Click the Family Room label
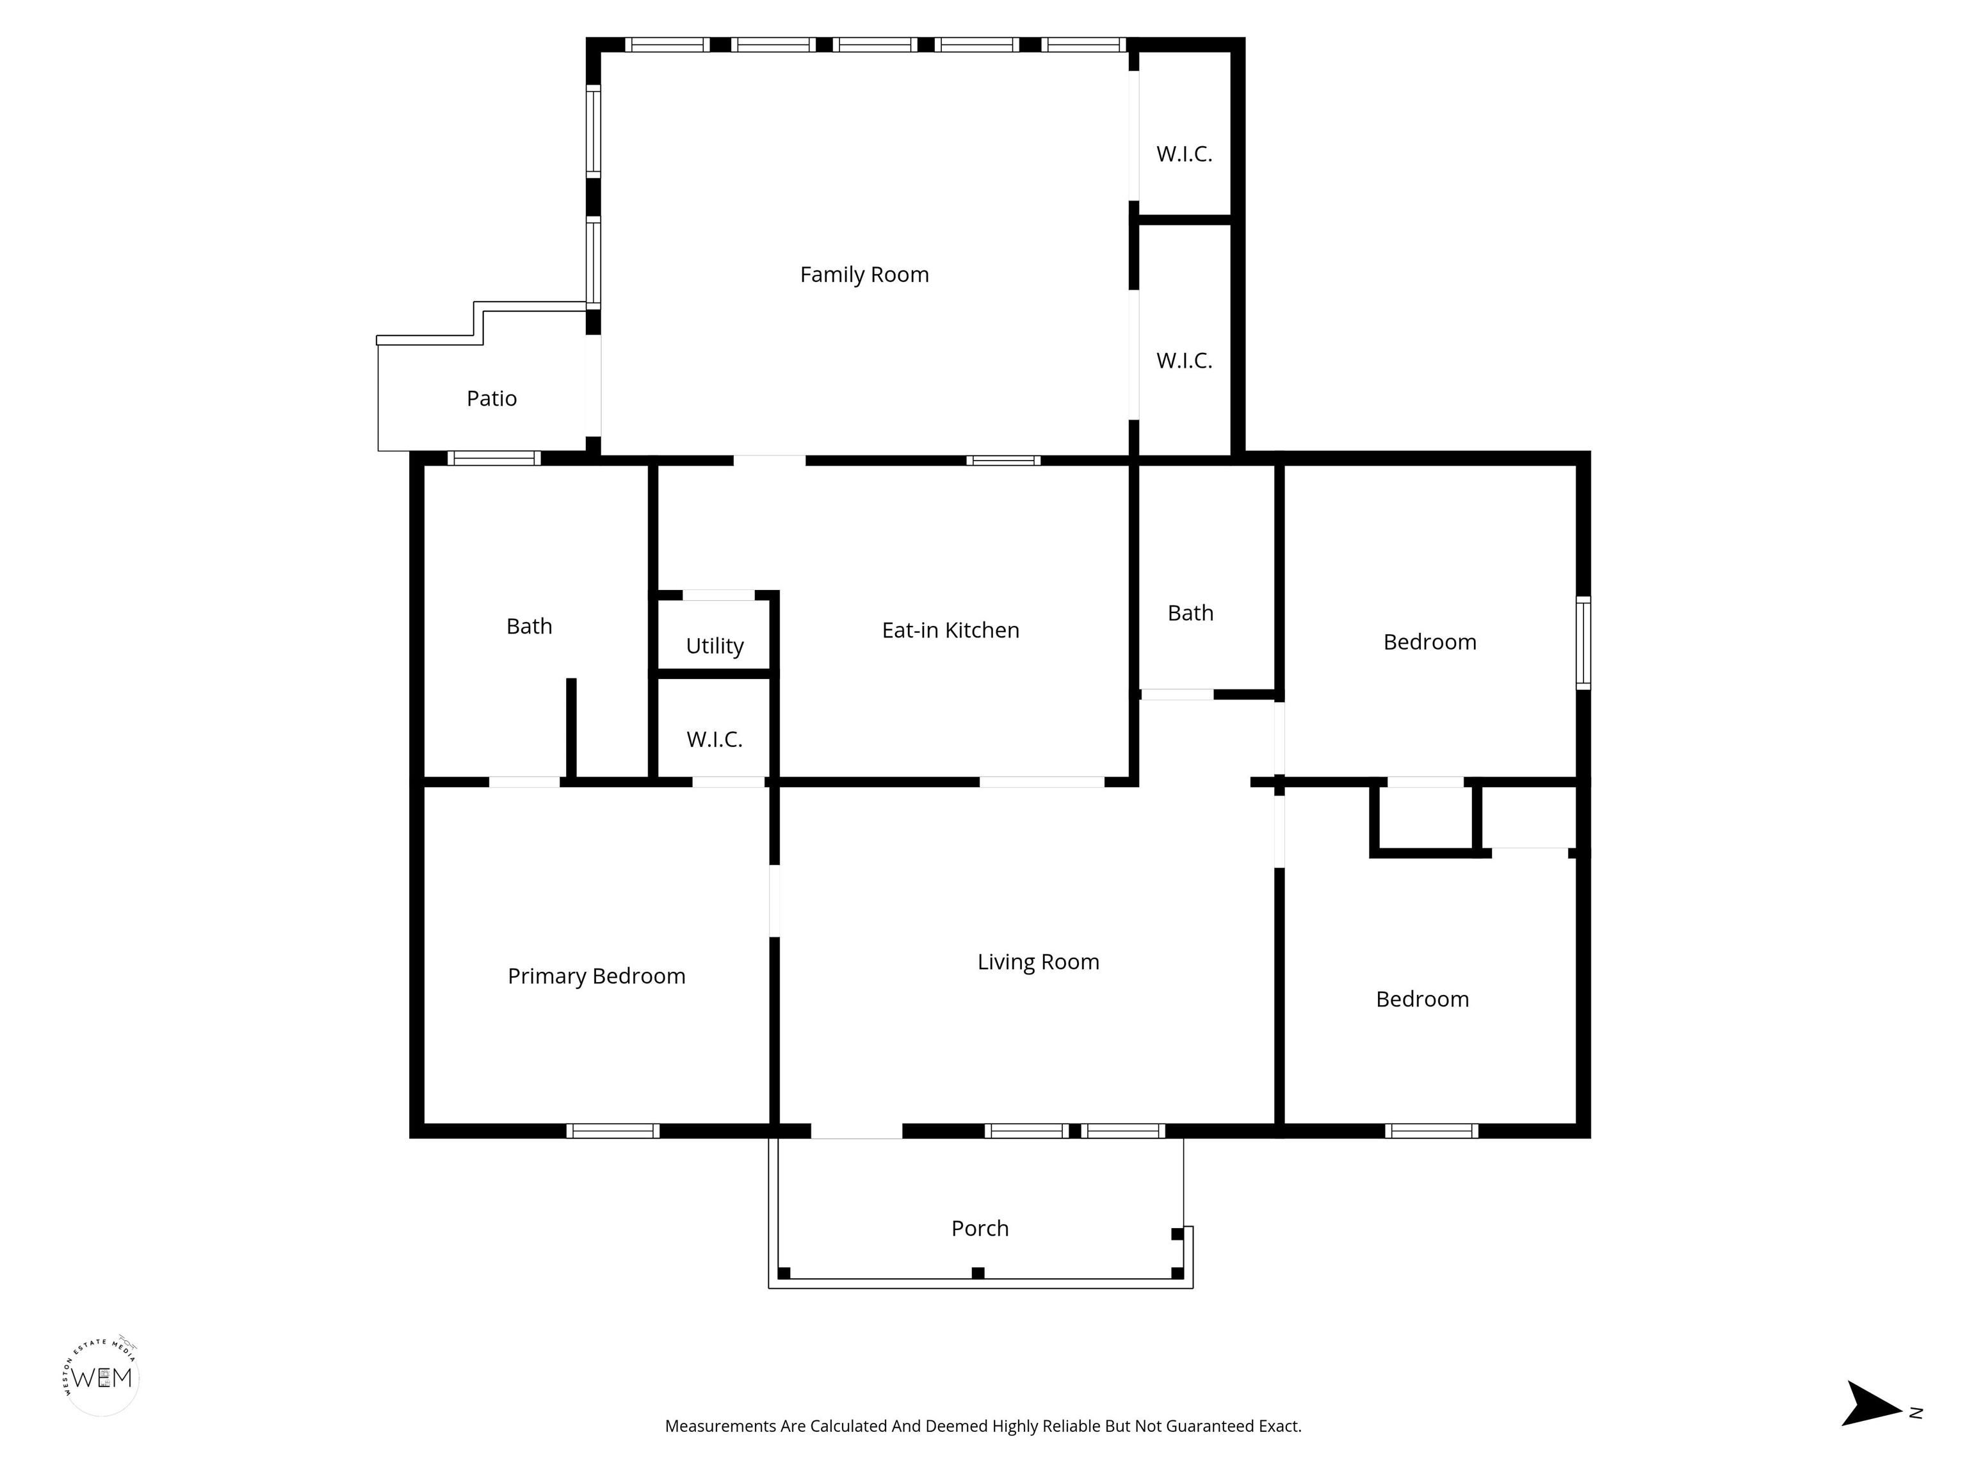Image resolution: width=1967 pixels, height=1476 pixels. [864, 275]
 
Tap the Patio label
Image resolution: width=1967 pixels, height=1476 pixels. [492, 398]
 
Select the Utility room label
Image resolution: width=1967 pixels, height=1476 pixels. [715, 646]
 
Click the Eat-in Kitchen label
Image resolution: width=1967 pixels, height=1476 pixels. [951, 630]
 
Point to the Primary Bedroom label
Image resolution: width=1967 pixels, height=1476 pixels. [597, 976]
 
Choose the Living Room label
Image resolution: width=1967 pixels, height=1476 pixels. [1039, 962]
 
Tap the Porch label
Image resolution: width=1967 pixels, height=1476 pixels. [980, 1229]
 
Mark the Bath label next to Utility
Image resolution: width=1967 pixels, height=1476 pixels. [529, 627]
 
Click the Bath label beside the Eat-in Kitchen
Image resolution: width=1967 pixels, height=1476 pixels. [1191, 613]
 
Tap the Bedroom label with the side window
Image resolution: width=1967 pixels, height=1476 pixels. [1430, 643]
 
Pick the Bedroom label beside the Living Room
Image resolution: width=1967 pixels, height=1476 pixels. [1423, 999]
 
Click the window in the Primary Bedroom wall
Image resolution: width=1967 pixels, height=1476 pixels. [613, 1131]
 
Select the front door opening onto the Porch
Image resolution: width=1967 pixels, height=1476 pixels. [856, 1131]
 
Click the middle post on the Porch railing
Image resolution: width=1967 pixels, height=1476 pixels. [978, 1273]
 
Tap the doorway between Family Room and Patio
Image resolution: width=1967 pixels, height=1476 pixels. [593, 385]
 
